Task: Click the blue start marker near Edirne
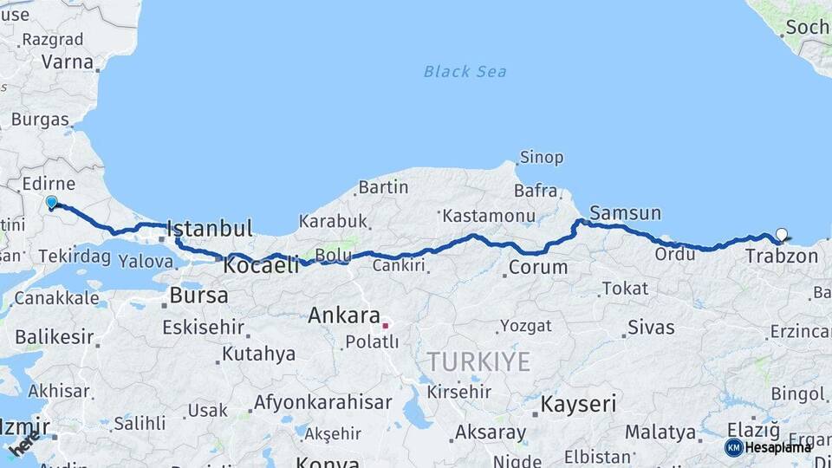point(51,203)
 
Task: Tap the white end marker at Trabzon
point(782,234)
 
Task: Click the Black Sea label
point(465,71)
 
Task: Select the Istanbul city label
point(210,229)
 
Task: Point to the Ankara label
point(344,315)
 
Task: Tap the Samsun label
point(625,213)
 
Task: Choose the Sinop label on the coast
point(541,158)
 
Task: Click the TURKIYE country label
point(478,361)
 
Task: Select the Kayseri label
point(578,404)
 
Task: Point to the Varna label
point(67,62)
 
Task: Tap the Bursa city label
point(199,295)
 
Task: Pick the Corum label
point(537,267)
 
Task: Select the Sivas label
point(650,328)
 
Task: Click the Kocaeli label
point(261,265)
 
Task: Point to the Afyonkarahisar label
point(322,403)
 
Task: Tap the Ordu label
point(675,254)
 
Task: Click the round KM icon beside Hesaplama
point(733,447)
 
